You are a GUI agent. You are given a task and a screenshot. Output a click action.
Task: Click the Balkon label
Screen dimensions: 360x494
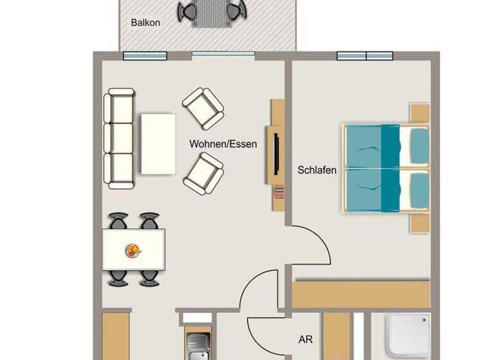(145, 22)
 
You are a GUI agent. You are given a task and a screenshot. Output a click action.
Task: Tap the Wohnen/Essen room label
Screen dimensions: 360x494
(223, 144)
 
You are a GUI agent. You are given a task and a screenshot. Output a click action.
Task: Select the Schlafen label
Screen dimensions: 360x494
(317, 170)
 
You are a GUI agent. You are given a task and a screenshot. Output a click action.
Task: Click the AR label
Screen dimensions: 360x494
(306, 339)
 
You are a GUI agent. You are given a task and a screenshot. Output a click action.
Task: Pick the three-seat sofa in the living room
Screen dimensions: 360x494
(120, 139)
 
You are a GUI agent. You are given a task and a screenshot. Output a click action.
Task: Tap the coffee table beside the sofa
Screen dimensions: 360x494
(158, 143)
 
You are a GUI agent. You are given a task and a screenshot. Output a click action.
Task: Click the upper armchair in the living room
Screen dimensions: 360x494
(203, 107)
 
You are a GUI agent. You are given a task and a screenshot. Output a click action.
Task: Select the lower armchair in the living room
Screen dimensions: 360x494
(203, 172)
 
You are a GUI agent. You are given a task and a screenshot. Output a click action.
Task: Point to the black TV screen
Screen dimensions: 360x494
(276, 153)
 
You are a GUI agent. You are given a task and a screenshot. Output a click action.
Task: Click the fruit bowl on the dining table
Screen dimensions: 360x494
(133, 249)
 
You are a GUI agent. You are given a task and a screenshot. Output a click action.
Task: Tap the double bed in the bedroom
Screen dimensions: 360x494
(386, 167)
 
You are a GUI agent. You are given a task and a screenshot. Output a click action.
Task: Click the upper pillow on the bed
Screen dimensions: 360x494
(419, 141)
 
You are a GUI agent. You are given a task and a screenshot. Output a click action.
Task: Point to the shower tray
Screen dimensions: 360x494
(408, 336)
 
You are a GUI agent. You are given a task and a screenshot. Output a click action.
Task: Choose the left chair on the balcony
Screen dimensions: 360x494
(188, 11)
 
